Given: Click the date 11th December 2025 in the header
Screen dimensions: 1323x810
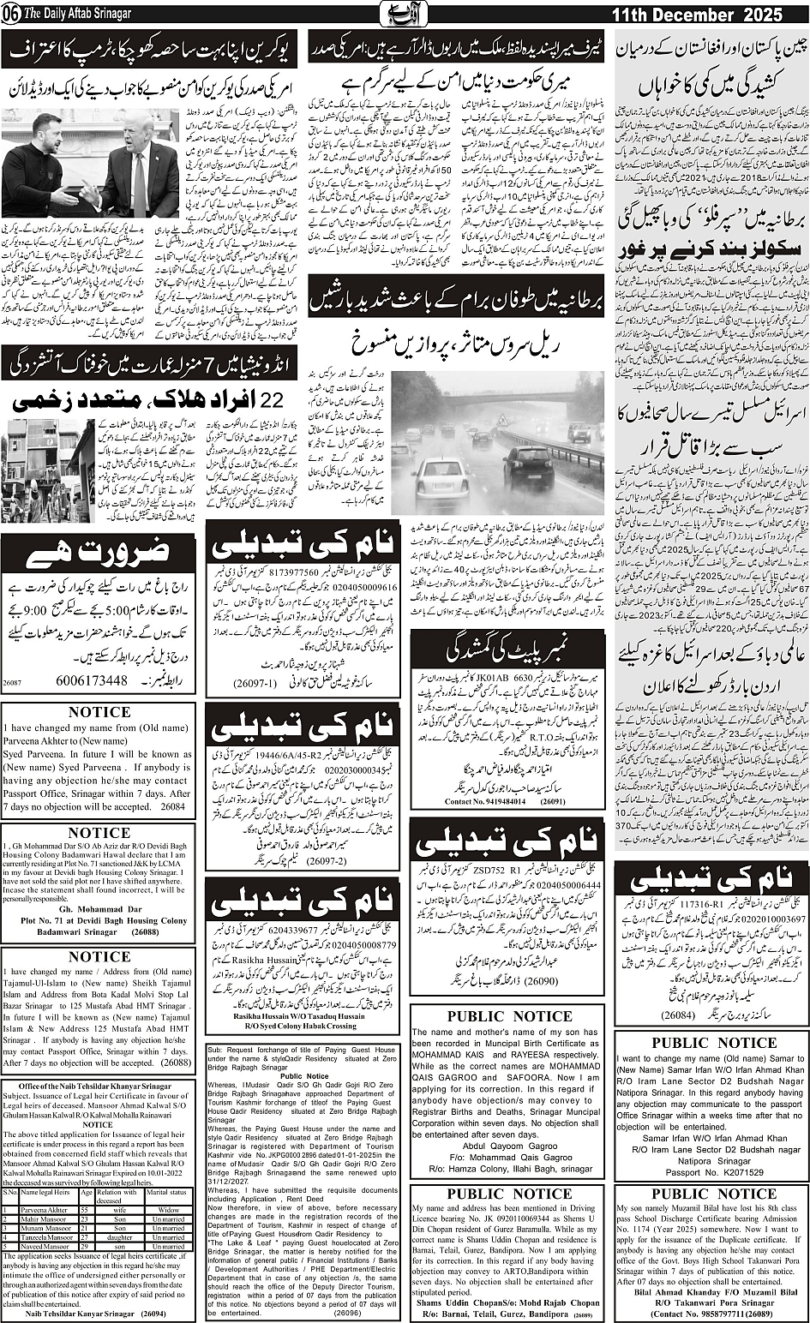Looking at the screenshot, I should coord(710,16).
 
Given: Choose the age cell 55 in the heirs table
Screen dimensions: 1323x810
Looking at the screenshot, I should coord(85,1209).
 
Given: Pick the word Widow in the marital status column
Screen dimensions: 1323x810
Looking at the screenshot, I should coord(168,1209).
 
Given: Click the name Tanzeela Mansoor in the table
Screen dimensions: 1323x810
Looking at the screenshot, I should coord(46,1236).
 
